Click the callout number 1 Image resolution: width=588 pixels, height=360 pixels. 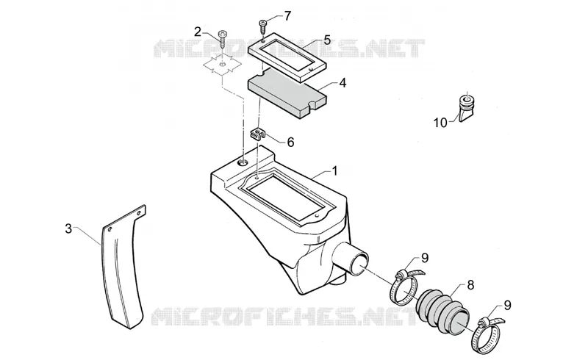point(334,171)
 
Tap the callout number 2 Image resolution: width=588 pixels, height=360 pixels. point(198,32)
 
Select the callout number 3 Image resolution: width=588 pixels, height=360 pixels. point(68,228)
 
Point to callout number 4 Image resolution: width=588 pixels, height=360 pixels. point(343,83)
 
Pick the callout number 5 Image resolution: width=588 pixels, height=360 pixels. point(327,40)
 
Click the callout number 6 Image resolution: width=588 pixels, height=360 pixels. point(290,142)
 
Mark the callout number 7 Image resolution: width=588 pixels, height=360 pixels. point(287,16)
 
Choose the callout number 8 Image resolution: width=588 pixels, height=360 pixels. point(470,285)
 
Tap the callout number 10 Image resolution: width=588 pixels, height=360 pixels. point(440,123)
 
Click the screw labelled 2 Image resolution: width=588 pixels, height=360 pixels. point(223,39)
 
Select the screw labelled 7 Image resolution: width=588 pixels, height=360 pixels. point(262,27)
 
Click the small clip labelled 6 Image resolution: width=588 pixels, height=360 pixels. point(257,134)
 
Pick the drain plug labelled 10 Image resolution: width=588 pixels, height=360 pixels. point(467,107)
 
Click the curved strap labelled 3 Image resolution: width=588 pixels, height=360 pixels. point(123,266)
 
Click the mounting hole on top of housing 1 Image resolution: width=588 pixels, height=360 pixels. point(243,162)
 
